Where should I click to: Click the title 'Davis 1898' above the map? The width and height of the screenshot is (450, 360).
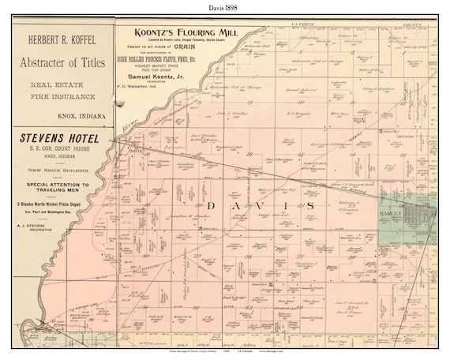click(x=224, y=8)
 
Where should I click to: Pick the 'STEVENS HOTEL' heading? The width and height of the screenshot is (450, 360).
click(x=62, y=136)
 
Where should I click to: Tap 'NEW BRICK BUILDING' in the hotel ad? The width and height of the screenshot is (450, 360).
click(x=62, y=171)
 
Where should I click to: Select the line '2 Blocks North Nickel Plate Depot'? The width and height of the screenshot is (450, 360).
click(x=62, y=204)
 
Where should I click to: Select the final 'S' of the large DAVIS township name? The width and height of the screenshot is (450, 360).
click(x=309, y=206)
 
